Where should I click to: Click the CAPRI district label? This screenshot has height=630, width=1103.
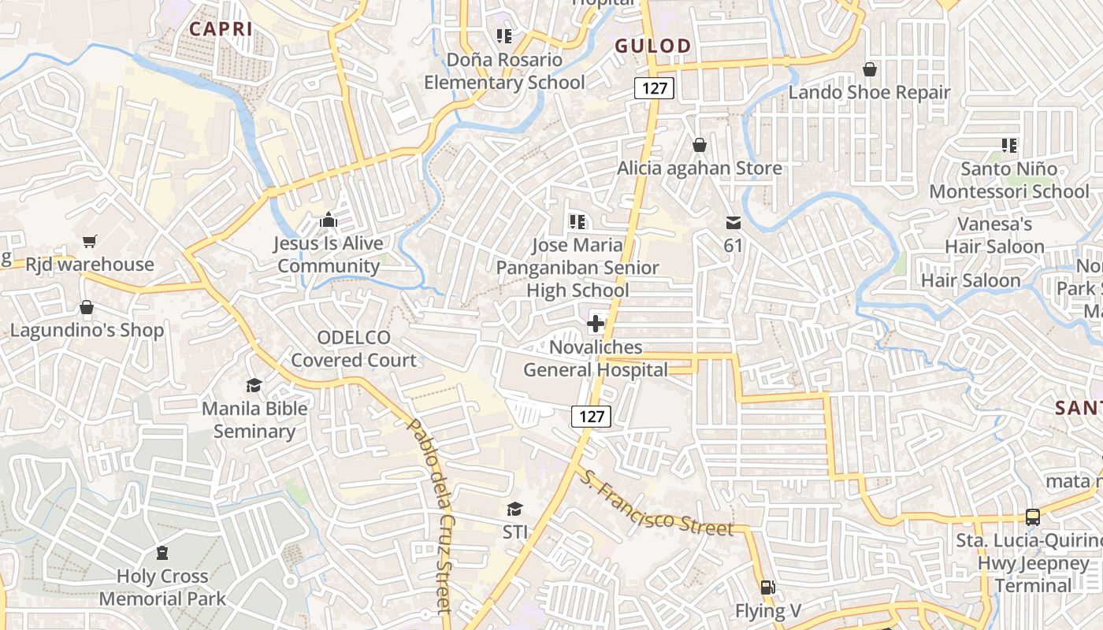[221, 29]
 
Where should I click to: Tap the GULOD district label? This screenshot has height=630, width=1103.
[653, 46]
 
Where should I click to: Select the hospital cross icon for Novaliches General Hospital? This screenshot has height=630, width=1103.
[596, 323]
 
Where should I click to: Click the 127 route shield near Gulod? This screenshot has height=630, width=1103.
[655, 88]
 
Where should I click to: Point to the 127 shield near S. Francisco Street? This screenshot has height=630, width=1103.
[591, 417]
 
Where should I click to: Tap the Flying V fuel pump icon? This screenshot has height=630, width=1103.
[767, 587]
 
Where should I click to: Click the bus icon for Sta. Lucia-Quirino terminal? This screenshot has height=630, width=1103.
[1032, 517]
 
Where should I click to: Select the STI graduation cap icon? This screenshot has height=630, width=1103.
[514, 509]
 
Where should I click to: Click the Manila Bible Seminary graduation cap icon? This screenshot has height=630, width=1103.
[254, 385]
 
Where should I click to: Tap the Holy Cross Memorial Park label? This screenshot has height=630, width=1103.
[162, 587]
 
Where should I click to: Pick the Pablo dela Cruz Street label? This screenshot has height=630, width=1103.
[430, 516]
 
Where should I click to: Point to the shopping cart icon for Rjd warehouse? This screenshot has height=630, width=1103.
[89, 241]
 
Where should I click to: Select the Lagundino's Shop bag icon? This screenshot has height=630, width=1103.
[87, 306]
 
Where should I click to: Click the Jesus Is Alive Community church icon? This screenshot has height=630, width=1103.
[329, 220]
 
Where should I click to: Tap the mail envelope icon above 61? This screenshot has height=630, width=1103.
[733, 222]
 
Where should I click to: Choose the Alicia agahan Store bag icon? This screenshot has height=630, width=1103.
[699, 145]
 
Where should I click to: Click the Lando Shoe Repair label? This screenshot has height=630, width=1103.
[870, 92]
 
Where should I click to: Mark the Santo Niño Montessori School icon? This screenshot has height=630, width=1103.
[1009, 145]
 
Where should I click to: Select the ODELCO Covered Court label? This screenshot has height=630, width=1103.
[354, 349]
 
